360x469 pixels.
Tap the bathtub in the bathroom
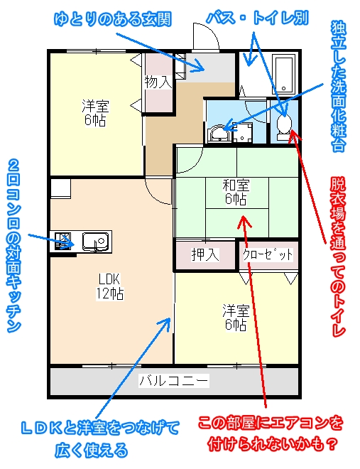pos(284,74)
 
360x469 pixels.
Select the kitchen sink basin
pos(96,241)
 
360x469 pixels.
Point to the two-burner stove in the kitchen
pos(63,241)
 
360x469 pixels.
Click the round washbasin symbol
pos(219,134)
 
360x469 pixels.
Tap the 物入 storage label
pos(158,82)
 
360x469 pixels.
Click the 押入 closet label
pos(205,255)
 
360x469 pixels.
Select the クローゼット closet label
pos(268,255)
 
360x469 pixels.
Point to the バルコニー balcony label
pos(174,381)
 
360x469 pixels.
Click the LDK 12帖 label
pos(109,286)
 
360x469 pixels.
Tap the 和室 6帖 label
pos(236,192)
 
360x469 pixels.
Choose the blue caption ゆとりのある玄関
pos(113,19)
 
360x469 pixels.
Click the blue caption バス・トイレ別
pos(257,18)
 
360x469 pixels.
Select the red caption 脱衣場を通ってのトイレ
pos(338,257)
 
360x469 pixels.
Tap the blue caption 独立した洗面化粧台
pos(339,86)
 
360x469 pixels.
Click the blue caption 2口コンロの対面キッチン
pos(13,246)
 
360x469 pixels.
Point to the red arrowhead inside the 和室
pos(245,221)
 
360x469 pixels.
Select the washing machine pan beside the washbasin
pos(242,134)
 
